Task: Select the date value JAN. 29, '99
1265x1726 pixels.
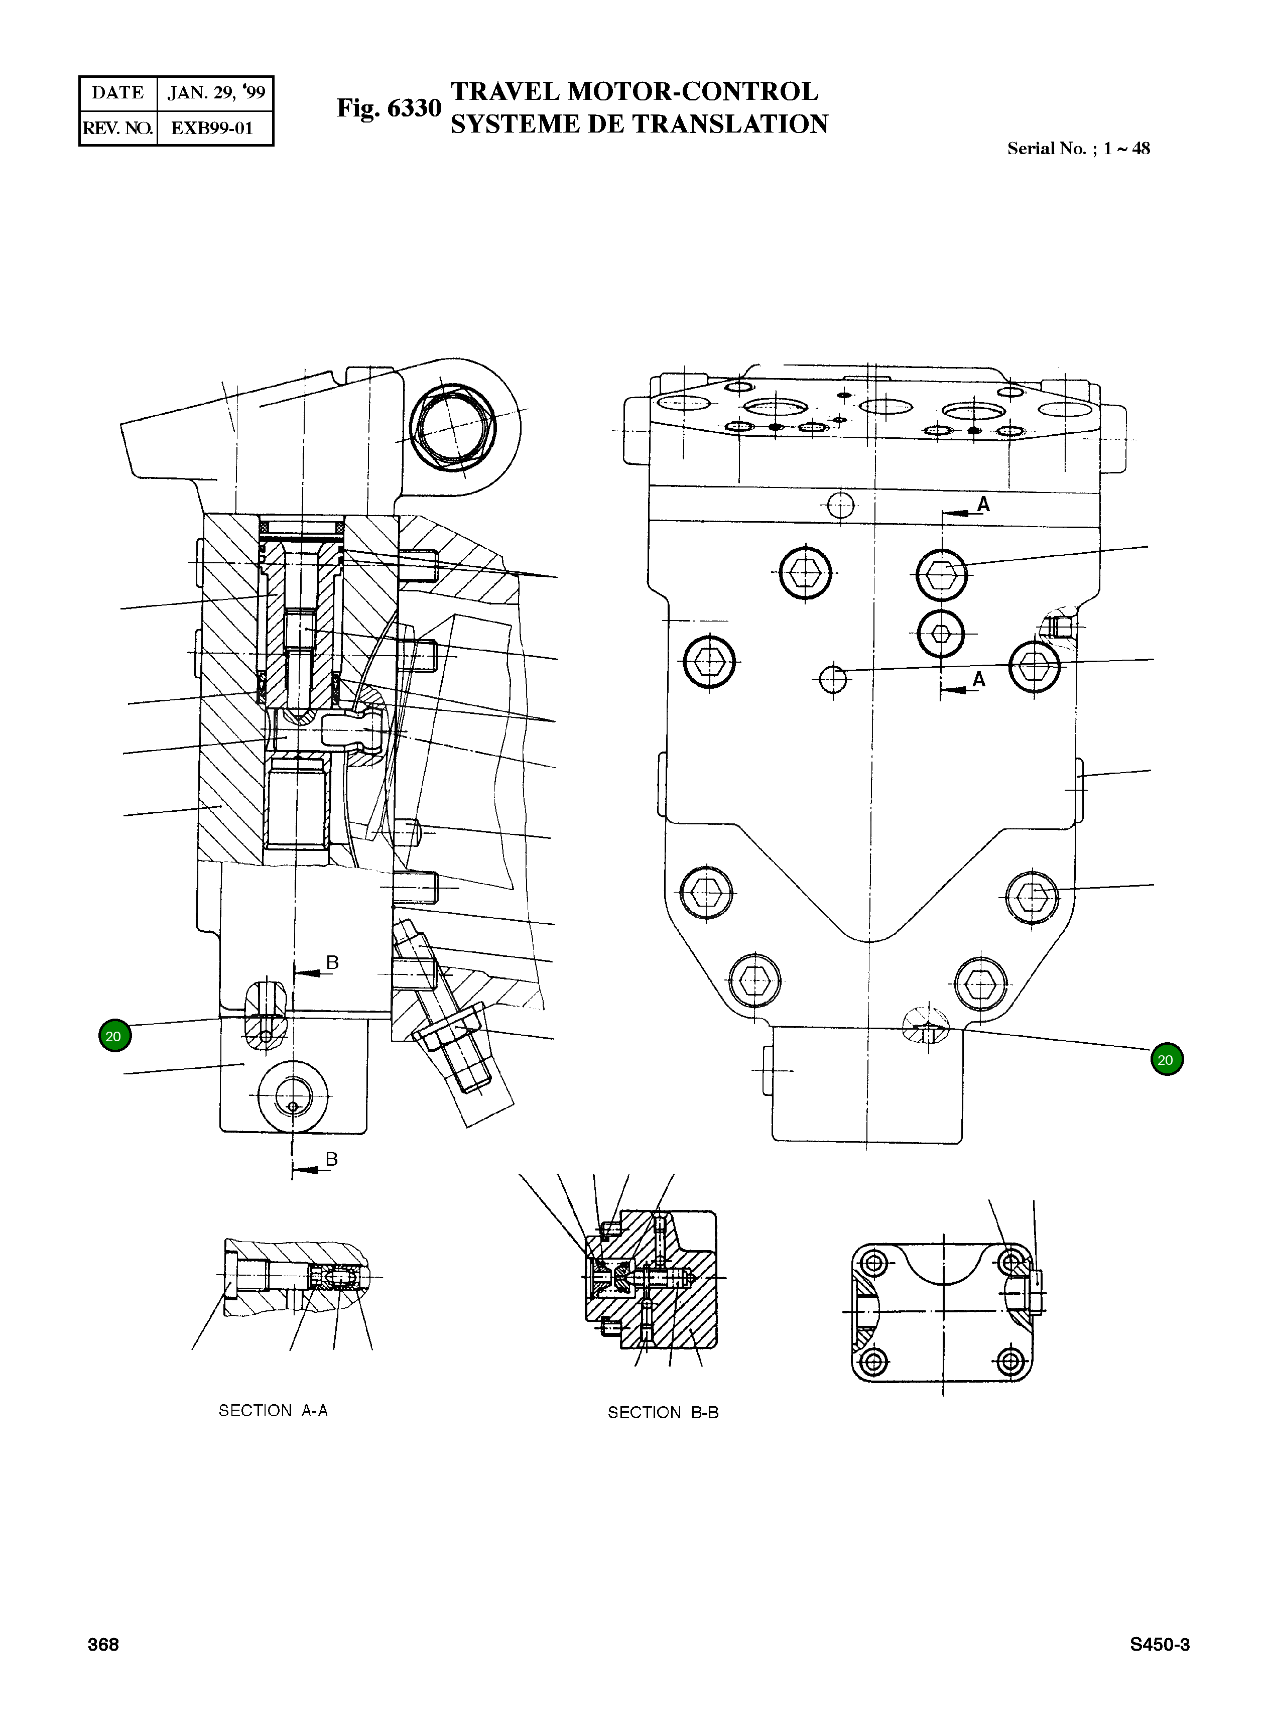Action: click(x=216, y=93)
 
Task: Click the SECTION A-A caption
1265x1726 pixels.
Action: click(x=274, y=1411)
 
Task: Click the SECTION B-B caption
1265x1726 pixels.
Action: click(x=663, y=1413)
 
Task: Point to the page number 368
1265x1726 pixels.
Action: click(x=103, y=1645)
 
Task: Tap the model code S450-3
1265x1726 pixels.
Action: click(x=1159, y=1645)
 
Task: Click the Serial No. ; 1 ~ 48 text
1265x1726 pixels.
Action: click(x=1078, y=149)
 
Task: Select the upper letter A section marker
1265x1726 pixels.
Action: click(x=983, y=504)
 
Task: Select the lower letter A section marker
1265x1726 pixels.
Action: click(x=978, y=679)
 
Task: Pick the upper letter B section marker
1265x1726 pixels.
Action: click(x=332, y=962)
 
